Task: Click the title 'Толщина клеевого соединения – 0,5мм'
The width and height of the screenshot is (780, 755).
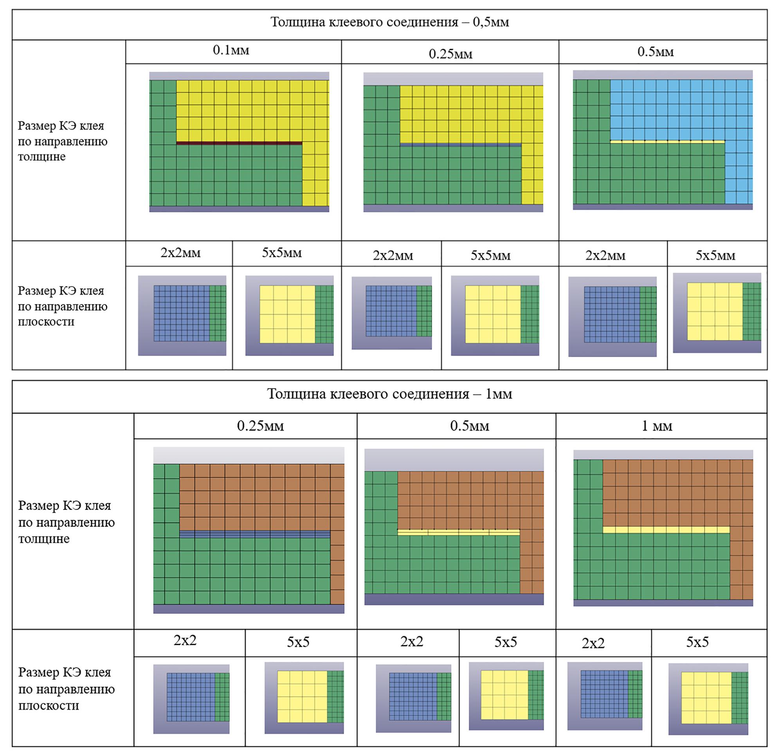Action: [x=389, y=22]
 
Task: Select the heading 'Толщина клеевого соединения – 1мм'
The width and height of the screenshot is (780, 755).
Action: [x=389, y=394]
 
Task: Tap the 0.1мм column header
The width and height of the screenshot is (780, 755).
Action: [x=231, y=50]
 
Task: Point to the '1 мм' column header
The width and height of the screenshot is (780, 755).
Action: [x=657, y=426]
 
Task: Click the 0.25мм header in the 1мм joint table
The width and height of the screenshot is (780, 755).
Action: [x=261, y=426]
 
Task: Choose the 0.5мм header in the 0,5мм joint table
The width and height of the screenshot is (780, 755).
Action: [x=656, y=52]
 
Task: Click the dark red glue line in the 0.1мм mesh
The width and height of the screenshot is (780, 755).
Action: [x=239, y=143]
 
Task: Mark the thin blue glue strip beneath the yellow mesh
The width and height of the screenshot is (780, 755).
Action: [x=460, y=145]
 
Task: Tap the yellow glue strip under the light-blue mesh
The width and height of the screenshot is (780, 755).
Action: [x=667, y=141]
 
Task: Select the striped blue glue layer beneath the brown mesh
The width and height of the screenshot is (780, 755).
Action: [x=255, y=534]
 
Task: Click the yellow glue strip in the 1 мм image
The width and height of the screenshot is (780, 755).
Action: [x=666, y=529]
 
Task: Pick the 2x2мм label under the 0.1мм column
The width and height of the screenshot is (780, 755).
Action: [x=181, y=253]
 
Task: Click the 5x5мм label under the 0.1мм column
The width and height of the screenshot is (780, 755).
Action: [x=282, y=253]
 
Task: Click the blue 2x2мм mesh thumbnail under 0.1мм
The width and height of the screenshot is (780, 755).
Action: [x=182, y=313]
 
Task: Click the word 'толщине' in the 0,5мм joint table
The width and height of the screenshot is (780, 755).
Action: [x=42, y=157]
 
